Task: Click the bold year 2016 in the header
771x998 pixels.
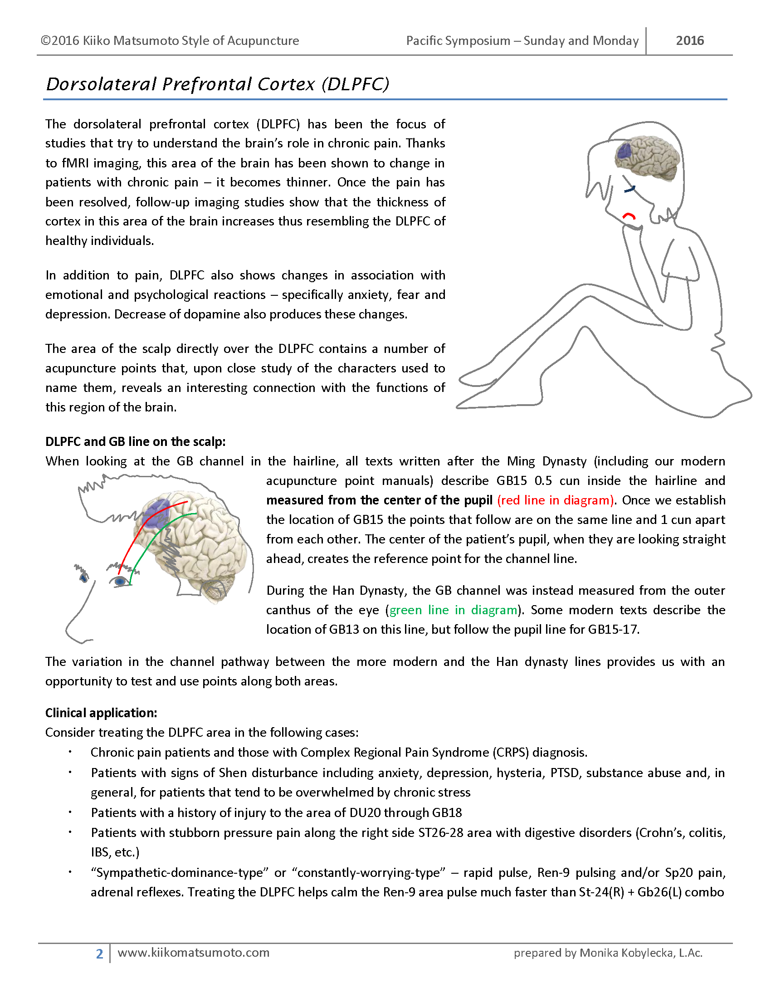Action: [x=689, y=41]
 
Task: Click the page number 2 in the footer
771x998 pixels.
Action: [x=99, y=954]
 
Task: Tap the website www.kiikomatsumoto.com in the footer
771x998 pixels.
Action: [x=193, y=953]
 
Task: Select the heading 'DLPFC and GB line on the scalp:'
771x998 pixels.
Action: [x=135, y=441]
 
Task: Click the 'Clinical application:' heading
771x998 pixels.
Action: [x=101, y=713]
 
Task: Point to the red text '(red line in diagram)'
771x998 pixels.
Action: [x=555, y=500]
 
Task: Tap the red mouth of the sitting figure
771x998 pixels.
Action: [x=629, y=215]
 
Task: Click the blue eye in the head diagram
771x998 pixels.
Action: [x=120, y=581]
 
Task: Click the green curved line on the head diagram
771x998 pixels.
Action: [x=151, y=544]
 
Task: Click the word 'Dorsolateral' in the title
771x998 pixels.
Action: [x=102, y=84]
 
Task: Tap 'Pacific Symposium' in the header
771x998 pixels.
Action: [x=458, y=41]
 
